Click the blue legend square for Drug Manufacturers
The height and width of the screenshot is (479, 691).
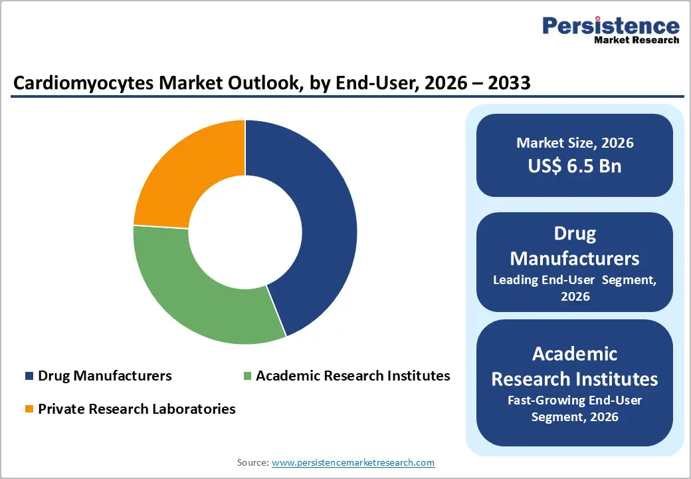coord(29,376)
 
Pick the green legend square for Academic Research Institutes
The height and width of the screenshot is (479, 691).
coord(247,376)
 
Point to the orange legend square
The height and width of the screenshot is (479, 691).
coord(29,409)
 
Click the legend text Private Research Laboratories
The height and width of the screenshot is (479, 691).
coord(136,409)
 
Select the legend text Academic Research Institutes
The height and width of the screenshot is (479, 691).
coord(353,376)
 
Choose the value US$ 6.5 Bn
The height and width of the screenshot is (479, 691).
coord(575,166)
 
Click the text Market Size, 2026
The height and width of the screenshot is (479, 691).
coord(575,143)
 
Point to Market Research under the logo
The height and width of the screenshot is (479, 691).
coord(637,40)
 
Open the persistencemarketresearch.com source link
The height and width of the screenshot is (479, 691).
coord(353,462)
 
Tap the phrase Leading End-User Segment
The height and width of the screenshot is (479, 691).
coord(575,280)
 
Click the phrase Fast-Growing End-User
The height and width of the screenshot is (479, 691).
coord(575,400)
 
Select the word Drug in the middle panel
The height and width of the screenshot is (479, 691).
coord(575,234)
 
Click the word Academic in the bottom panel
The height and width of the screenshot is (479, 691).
coord(575,354)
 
